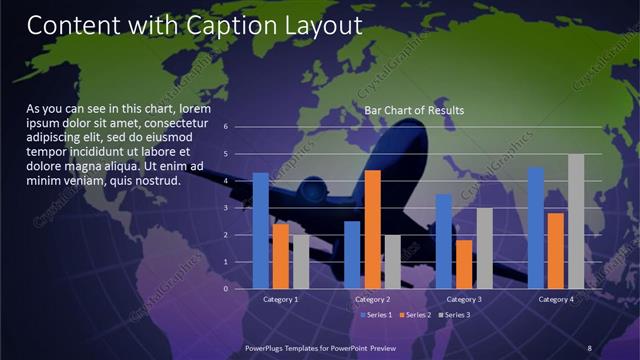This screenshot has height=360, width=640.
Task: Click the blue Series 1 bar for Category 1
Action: [260, 231]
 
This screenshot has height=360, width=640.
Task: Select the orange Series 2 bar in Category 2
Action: [372, 229]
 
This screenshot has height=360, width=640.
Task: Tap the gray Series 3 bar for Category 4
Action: [576, 221]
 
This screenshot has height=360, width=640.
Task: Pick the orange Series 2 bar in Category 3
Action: [464, 264]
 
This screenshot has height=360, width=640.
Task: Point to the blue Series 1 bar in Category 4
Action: [536, 228]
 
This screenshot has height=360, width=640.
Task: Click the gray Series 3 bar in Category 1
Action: [300, 261]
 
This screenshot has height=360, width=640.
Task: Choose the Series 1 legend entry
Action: [376, 315]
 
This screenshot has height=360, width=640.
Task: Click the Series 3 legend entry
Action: [455, 315]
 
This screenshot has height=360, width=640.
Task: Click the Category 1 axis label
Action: [280, 299]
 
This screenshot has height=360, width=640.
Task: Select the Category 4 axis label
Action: [556, 299]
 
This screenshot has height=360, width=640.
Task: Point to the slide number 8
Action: [590, 347]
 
